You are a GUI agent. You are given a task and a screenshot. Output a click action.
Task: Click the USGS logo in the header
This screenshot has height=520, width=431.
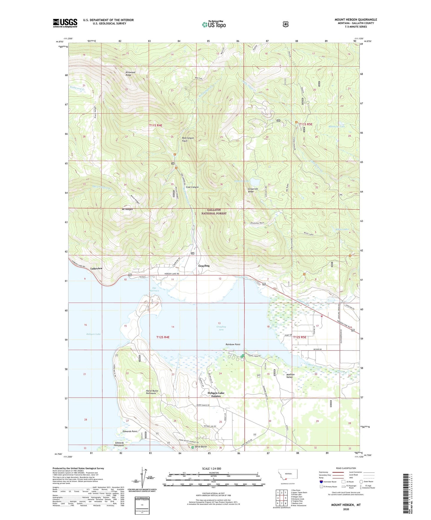click(65, 23)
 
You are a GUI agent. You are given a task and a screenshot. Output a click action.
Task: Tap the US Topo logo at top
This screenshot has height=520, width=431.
click(214, 24)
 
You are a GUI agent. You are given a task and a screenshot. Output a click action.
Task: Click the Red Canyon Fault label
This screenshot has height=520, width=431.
click(188, 139)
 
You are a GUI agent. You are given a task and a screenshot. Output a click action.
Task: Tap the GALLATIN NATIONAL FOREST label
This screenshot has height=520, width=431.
click(214, 212)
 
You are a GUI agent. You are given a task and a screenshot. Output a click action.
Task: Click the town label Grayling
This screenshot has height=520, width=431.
click(204, 266)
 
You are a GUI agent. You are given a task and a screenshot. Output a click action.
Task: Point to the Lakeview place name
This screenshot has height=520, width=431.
click(96, 268)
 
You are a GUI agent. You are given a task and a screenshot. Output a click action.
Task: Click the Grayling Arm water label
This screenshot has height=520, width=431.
click(221, 328)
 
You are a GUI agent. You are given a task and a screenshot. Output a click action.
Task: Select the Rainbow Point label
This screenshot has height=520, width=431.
click(233, 344)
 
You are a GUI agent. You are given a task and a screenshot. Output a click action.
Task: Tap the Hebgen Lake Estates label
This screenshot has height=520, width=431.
click(216, 394)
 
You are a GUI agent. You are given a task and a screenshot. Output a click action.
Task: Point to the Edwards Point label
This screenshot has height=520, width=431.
click(130, 431)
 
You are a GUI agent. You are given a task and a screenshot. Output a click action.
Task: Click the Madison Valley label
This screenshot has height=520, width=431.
click(290, 376)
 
